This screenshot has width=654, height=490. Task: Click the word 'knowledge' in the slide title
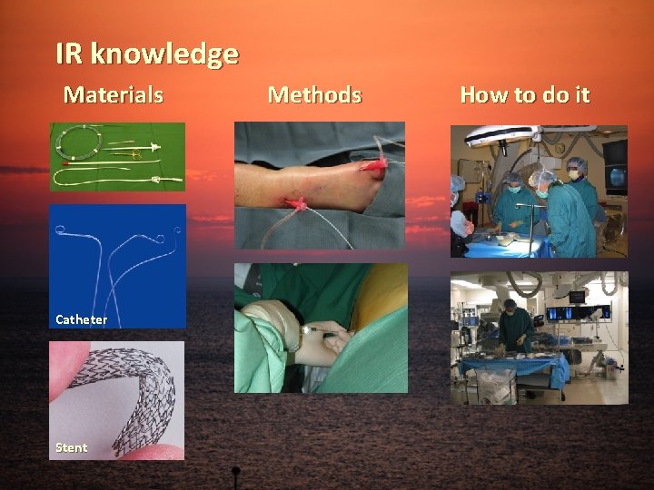164,55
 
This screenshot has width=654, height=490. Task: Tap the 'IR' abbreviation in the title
69,54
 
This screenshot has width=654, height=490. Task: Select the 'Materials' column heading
113,94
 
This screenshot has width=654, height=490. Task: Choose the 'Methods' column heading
314,94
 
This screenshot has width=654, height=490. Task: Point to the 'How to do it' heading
524,94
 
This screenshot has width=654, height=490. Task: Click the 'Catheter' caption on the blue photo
81,319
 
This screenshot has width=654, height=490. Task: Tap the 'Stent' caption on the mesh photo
71,447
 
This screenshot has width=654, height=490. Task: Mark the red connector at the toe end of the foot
373,164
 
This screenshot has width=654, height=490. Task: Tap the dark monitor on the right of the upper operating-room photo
614,163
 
